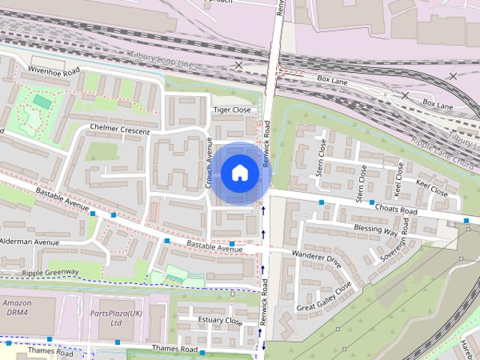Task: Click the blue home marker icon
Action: (238, 172)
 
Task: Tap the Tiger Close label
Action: (232, 109)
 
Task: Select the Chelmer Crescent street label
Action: (119, 131)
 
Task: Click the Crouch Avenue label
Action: (209, 163)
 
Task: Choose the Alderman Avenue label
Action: (29, 242)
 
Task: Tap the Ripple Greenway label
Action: (50, 272)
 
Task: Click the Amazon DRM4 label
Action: (16, 307)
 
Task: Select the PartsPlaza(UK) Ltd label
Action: (115, 317)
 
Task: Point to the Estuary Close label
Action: (220, 321)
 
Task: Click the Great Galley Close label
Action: (324, 297)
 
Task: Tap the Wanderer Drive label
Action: (316, 259)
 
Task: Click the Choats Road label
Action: (397, 211)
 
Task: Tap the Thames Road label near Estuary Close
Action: (174, 349)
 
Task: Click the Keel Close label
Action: (431, 187)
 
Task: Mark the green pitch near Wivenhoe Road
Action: (43, 101)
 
